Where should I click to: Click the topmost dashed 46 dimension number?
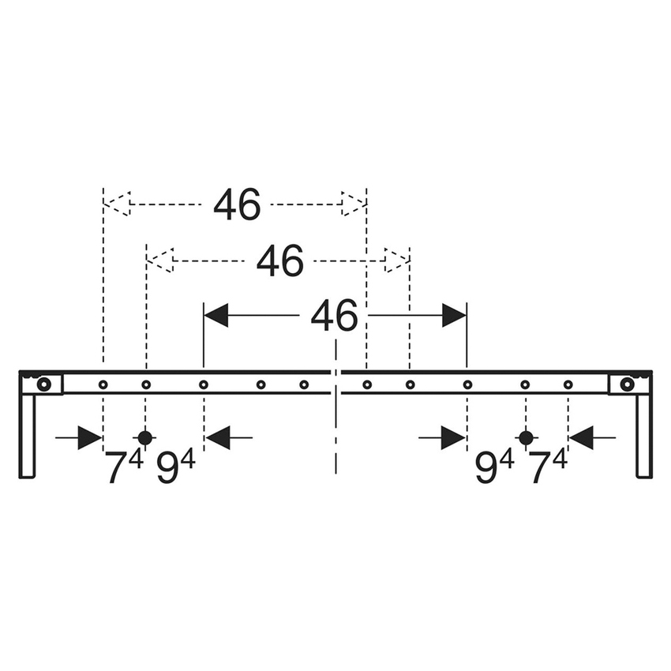pos(237,205)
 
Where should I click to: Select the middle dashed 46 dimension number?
pos(279,261)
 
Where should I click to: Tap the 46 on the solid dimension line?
pos(334,317)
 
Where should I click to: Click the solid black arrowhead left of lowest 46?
pos(216,316)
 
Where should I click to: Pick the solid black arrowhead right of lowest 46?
pos(454,316)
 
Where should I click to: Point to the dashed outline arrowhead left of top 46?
pos(117,204)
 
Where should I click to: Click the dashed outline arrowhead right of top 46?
pos(354,204)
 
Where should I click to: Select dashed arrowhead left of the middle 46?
pos(160,261)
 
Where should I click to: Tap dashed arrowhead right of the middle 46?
pos(396,261)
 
